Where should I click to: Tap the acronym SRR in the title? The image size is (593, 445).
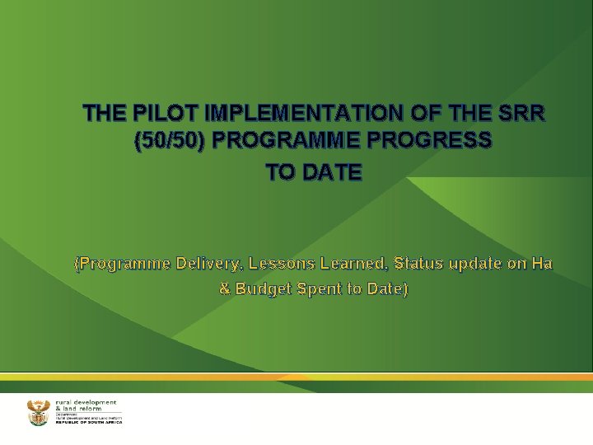[x=516, y=113]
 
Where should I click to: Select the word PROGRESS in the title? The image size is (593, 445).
[x=436, y=142]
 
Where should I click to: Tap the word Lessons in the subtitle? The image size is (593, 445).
[x=288, y=264]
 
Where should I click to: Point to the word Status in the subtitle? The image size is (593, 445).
[x=419, y=264]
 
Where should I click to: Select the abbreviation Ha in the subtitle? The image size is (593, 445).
[x=541, y=264]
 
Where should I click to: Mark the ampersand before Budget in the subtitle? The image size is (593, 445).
[x=224, y=289]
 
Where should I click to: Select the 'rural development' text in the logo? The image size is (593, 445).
[x=86, y=401]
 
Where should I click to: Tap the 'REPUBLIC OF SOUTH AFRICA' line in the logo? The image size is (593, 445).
[x=88, y=422]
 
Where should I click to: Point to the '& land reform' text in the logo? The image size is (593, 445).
[x=80, y=408]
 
